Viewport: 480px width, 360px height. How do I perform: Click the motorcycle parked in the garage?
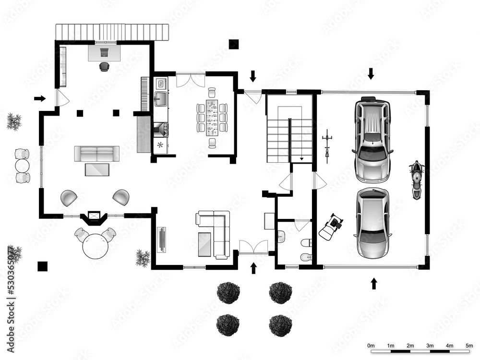417,180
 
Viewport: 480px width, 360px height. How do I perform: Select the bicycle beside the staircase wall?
327,143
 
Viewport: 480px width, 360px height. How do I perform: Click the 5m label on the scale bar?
469,346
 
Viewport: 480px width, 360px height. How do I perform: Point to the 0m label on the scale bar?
371,346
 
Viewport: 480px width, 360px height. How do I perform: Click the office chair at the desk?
104,67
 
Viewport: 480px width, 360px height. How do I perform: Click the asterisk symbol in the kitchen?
160,144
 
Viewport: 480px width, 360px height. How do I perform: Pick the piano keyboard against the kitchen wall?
145,94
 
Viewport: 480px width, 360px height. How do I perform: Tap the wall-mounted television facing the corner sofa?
161,239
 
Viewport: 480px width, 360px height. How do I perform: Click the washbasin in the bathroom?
281,236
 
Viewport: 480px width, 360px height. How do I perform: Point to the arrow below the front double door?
254,268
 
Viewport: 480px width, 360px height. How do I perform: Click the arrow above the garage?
371,73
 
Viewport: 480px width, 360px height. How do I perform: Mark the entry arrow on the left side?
40,98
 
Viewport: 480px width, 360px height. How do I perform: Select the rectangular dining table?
212,117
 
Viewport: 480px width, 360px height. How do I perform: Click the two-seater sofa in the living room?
97,154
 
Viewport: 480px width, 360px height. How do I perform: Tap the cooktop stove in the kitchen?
160,129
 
